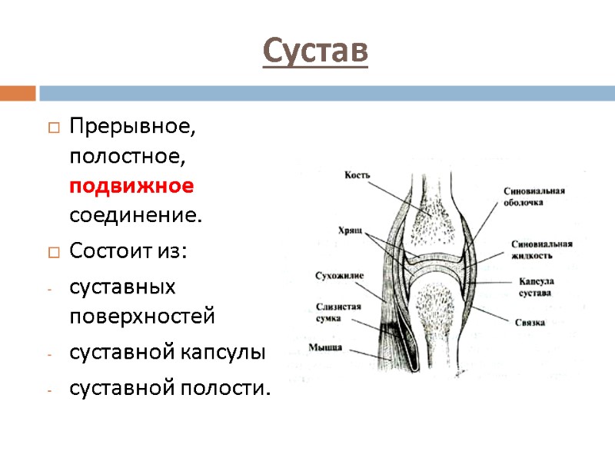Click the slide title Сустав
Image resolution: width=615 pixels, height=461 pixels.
tap(315, 51)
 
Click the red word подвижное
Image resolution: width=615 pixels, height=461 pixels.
tap(131, 187)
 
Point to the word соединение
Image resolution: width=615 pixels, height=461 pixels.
tap(135, 216)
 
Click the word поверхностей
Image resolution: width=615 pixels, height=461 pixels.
tap(142, 317)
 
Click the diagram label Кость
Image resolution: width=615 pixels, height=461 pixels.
tap(357, 175)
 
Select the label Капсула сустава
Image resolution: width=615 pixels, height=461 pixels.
tap(536, 287)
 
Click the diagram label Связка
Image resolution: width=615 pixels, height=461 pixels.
tap(530, 323)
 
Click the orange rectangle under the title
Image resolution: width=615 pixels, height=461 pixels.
tap(18, 93)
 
